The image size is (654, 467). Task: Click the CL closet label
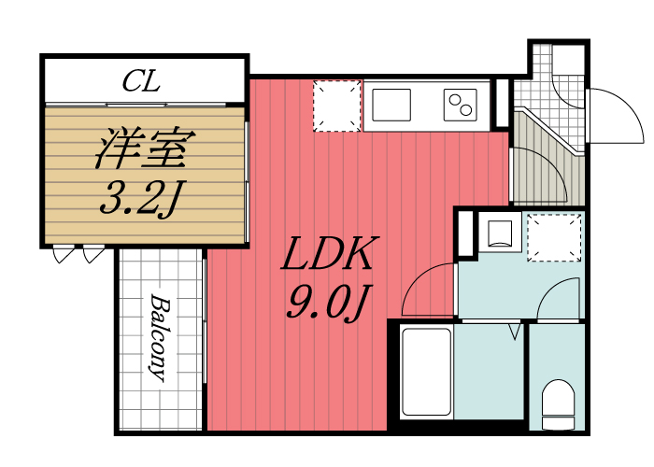(x=141, y=81)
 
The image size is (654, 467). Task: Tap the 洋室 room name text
(x=143, y=149)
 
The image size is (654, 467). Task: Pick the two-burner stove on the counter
(x=459, y=105)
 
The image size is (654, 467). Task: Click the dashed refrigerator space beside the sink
(x=336, y=105)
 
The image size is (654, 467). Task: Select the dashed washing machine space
(x=554, y=237)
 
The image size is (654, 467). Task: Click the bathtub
(x=426, y=374)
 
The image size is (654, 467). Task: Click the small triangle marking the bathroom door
(x=513, y=331)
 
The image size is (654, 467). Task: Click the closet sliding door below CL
(x=140, y=103)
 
